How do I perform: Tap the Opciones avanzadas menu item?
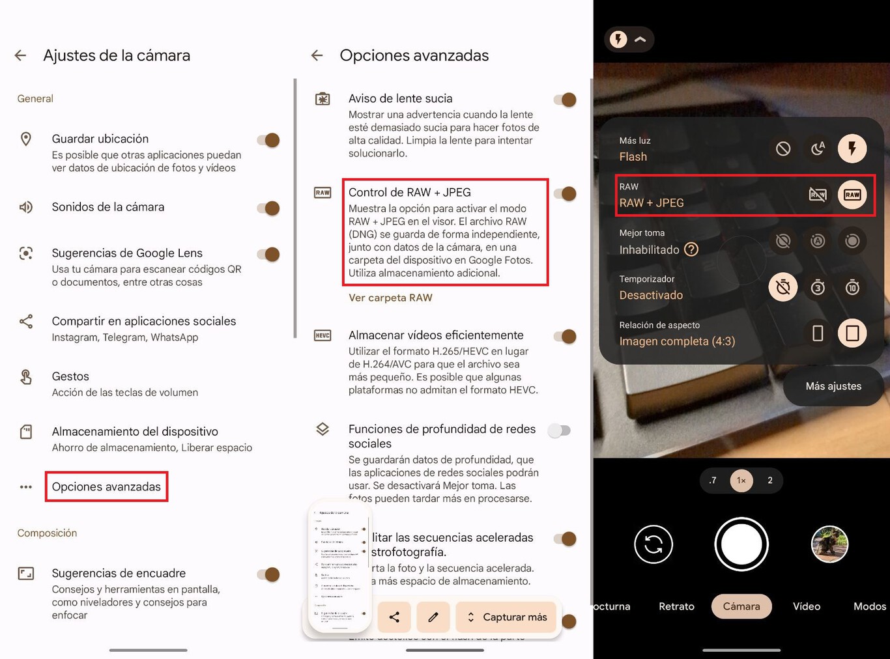[x=106, y=486]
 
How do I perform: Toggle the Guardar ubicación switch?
[x=268, y=140]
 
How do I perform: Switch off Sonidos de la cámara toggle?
[x=268, y=208]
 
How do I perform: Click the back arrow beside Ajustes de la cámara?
[x=21, y=55]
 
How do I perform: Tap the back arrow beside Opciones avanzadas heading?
[x=317, y=55]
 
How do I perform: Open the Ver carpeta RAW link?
[x=390, y=298]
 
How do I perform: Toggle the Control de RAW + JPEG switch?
[x=565, y=193]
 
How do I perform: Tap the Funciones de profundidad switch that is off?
[x=559, y=430]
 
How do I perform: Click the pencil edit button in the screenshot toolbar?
[x=433, y=617]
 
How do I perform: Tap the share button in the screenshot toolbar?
[x=394, y=617]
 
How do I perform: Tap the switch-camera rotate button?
[x=653, y=544]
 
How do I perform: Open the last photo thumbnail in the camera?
[x=829, y=544]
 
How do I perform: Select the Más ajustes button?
[x=833, y=386]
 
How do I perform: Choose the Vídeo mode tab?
[x=806, y=606]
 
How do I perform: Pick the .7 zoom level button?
[x=713, y=481]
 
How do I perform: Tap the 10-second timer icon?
[x=852, y=287]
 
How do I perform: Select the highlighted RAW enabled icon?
[x=852, y=194]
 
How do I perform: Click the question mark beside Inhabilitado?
[x=691, y=249]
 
